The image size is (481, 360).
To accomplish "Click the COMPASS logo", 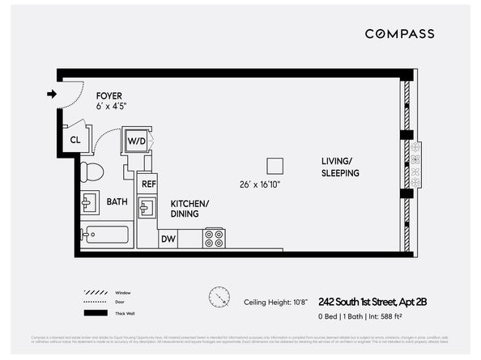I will pyautogui.click(x=399, y=34).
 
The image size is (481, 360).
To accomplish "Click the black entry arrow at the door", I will pyautogui.click(x=52, y=94).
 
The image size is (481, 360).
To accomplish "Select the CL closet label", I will pyautogui.click(x=75, y=139).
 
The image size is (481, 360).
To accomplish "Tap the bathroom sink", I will pyautogui.click(x=89, y=202).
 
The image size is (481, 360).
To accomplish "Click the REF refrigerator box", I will pyautogui.click(x=148, y=184).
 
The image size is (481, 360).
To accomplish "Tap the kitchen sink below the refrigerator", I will pyautogui.click(x=146, y=210).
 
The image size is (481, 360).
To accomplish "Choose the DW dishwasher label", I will pyautogui.click(x=168, y=239).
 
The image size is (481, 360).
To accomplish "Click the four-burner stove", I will pyautogui.click(x=215, y=238).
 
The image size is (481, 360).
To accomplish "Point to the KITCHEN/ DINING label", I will pyautogui.click(x=189, y=209).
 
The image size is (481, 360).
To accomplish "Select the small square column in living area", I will pyautogui.click(x=275, y=165).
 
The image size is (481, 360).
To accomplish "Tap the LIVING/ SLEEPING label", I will pyautogui.click(x=339, y=167).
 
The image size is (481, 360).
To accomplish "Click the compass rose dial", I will pyautogui.click(x=219, y=297).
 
